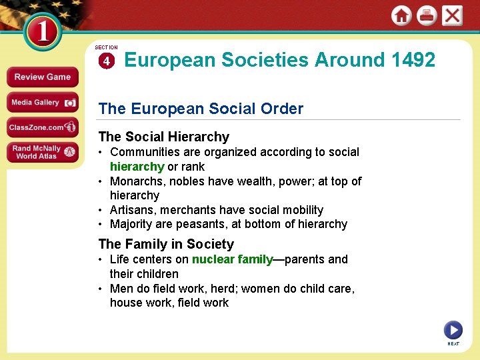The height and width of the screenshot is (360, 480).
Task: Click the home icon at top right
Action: pos(401,16)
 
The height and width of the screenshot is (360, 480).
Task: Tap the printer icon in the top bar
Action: pos(427,16)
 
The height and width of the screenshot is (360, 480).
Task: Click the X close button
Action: pos(452,16)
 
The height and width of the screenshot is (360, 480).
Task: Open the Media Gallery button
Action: pos(42,103)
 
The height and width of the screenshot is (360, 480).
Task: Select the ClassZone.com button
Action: pos(42,127)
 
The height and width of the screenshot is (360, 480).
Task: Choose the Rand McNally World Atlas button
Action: pos(42,152)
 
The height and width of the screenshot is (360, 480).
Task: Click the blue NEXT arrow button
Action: pos(453,329)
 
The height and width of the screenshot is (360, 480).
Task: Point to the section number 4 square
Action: pos(107,61)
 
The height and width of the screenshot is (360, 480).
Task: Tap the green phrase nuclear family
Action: pos(232,259)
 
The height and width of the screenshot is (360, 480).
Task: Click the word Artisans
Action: pos(131,210)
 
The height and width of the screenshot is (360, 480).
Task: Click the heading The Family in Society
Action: pos(166,244)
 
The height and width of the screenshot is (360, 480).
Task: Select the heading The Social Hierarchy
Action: pos(163,137)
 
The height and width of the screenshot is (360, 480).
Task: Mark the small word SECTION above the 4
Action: pos(107,48)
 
